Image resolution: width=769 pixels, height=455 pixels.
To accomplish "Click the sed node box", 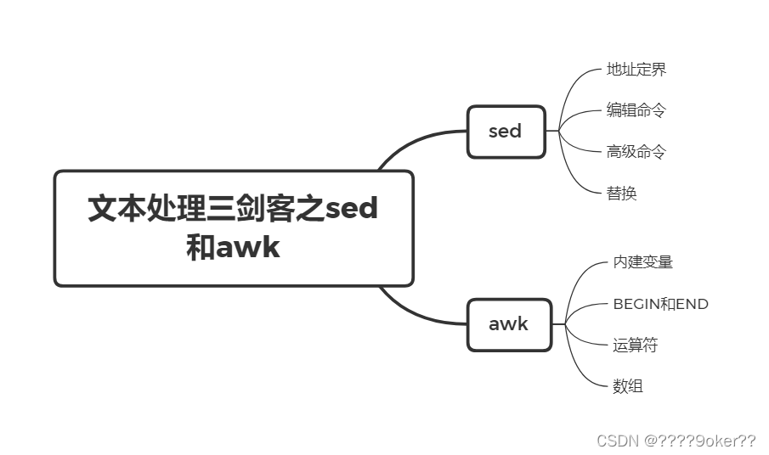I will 506,132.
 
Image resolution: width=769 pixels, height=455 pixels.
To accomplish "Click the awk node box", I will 509,323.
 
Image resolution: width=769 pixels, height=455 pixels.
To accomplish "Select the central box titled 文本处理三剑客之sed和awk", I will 234,228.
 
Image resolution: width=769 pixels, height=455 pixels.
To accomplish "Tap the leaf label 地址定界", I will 636,70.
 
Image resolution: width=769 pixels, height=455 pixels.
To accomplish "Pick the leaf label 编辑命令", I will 636,110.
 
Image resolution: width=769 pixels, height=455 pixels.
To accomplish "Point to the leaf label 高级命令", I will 636,152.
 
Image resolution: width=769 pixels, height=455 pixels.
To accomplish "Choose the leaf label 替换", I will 622,194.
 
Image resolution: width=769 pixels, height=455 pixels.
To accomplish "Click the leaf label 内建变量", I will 643,262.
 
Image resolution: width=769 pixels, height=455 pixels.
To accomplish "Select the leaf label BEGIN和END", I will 660,304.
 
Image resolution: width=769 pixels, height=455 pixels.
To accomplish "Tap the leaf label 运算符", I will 636,345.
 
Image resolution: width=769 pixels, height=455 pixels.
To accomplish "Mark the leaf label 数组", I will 628,387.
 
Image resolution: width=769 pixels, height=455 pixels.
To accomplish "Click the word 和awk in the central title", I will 234,248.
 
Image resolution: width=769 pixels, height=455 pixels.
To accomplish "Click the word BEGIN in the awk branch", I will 642,304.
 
